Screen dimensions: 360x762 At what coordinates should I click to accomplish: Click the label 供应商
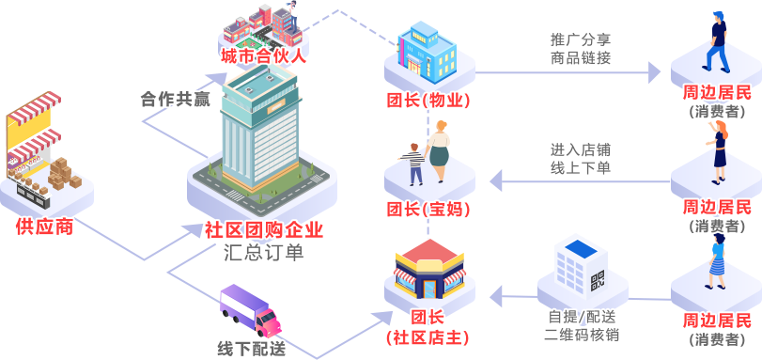point(44,227)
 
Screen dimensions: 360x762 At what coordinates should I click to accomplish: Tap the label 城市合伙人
point(264,57)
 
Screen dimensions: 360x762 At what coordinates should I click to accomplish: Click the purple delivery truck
point(250,310)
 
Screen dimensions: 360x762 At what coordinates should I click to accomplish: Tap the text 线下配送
point(252,348)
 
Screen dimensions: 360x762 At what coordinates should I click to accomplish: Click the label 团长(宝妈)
point(428,209)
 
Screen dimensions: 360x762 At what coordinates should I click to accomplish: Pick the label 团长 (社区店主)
point(428,326)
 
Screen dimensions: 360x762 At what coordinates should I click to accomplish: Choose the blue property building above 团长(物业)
point(427,51)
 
